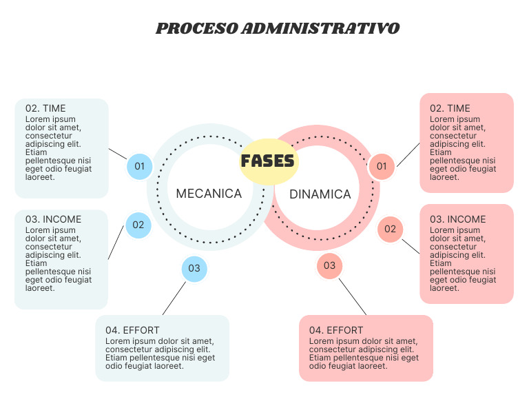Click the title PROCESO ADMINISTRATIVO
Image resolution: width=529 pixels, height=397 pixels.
[278, 29]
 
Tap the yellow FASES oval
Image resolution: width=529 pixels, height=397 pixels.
[268, 161]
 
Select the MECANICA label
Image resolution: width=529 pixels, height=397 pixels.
[209, 194]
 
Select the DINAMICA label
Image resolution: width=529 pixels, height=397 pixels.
[320, 194]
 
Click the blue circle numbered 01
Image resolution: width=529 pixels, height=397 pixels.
[140, 166]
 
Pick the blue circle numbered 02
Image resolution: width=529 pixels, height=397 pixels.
[138, 225]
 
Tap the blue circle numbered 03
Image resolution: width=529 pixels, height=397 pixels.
[194, 269]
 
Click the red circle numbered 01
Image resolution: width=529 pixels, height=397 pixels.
[382, 166]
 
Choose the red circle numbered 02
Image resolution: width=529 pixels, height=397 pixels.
[390, 229]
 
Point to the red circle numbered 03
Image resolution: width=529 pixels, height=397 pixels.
[329, 265]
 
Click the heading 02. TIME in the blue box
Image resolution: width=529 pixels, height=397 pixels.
[45, 108]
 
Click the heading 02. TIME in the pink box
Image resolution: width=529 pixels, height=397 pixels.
[450, 108]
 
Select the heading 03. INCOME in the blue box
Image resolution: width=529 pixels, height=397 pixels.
[53, 219]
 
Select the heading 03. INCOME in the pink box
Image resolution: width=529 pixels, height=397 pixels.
[457, 219]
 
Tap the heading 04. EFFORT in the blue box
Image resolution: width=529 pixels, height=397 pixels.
[132, 330]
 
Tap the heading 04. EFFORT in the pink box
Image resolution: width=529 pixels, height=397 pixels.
[336, 330]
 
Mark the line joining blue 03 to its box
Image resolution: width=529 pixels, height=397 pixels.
[174, 298]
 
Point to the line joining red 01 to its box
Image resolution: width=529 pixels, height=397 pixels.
[408, 154]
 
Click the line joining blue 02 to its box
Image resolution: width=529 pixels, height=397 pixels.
[116, 241]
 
